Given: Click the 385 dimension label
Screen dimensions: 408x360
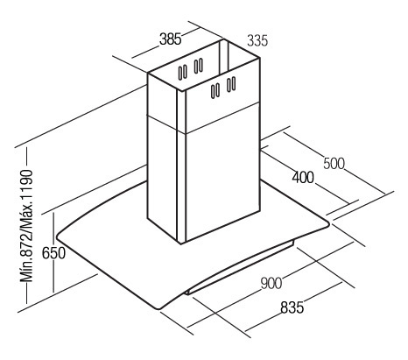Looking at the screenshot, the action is click(171, 39).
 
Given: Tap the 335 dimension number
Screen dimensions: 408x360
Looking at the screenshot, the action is click(257, 40).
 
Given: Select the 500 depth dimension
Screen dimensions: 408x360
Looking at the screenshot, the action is click(334, 164).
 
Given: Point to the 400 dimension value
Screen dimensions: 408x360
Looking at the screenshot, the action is click(303, 177).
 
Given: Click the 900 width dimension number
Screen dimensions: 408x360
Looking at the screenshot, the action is click(271, 283).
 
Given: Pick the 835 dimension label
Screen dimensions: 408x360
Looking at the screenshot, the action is click(292, 307).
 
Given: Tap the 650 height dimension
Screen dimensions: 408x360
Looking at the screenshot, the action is click(53, 253).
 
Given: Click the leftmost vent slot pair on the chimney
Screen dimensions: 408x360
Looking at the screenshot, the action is click(183, 72).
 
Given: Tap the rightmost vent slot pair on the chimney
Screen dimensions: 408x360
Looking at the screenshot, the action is click(231, 84).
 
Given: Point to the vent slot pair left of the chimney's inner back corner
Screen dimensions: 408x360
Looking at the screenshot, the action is click(199, 66).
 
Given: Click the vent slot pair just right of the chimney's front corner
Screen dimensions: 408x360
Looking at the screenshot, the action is click(215, 91).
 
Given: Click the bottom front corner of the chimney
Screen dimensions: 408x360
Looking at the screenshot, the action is click(181, 244).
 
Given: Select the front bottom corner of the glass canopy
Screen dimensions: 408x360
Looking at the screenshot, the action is click(159, 308).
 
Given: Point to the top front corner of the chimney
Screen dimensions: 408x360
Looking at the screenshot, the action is click(181, 91).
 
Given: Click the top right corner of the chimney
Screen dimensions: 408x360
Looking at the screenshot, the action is click(259, 59).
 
